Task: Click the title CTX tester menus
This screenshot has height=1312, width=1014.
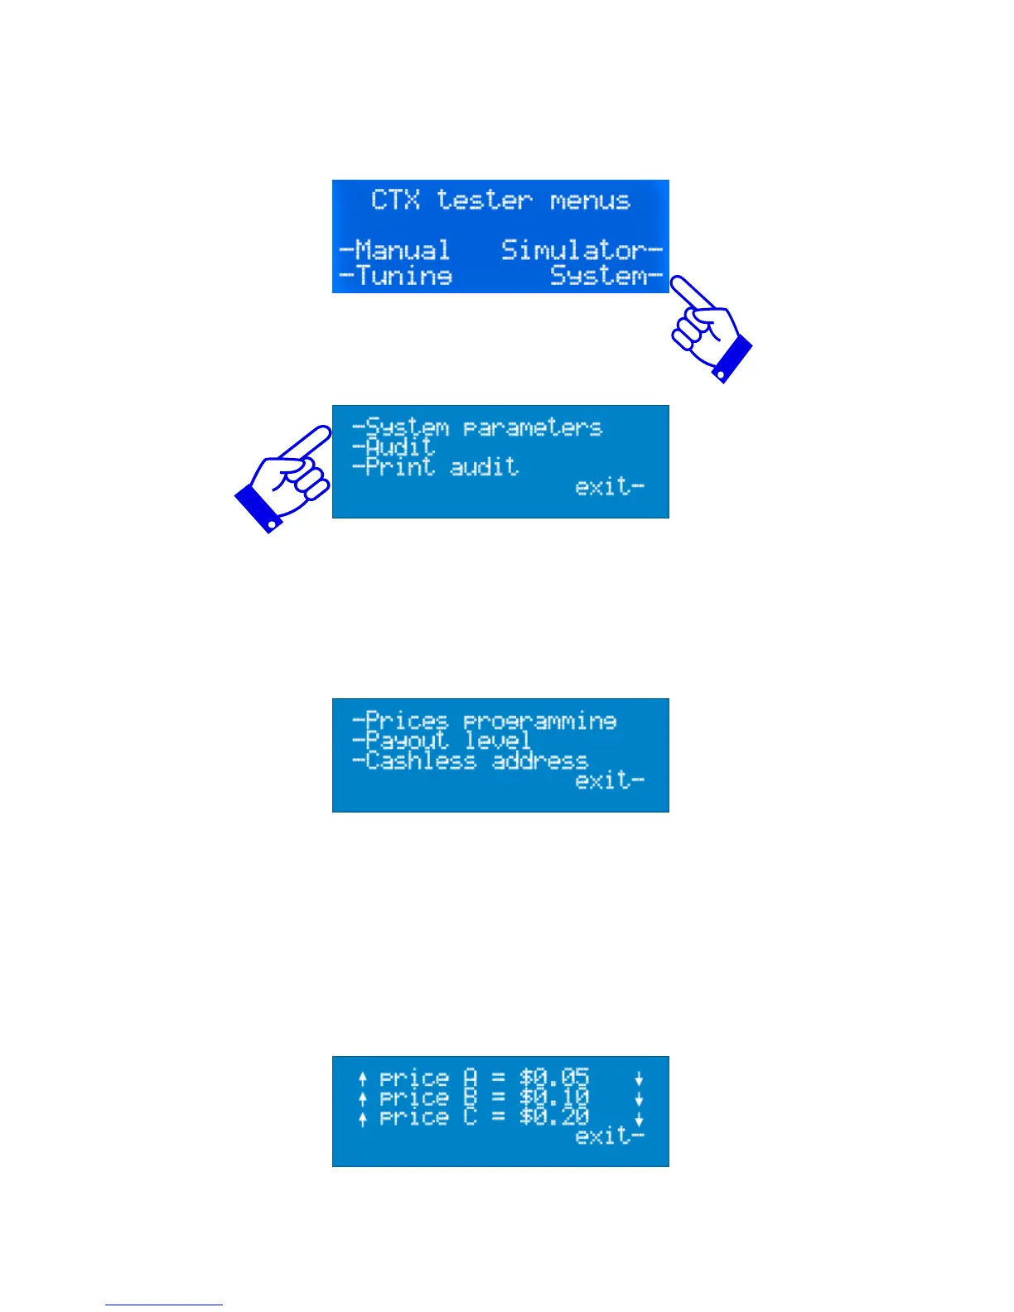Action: [500, 200]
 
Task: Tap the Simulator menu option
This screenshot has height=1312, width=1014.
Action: [581, 250]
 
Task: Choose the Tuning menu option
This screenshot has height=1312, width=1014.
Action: [397, 275]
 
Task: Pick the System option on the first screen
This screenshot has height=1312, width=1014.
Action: [606, 276]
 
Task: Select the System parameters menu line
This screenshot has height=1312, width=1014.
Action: [477, 427]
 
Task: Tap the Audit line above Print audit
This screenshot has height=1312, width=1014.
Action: [394, 447]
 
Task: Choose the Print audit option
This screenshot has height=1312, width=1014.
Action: [436, 467]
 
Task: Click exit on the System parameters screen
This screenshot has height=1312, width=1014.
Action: [609, 487]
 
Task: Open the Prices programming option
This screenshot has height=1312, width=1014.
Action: [485, 721]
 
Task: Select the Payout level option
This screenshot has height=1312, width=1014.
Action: [442, 740]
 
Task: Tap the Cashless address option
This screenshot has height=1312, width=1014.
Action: [470, 760]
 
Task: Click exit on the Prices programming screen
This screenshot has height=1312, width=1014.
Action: [609, 780]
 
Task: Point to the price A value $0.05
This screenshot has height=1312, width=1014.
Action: [554, 1078]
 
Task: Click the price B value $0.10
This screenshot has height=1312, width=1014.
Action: [554, 1097]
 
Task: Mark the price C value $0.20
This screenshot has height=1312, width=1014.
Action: [554, 1117]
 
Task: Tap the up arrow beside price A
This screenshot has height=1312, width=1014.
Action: [363, 1078]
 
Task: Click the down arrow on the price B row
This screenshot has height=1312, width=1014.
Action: [639, 1099]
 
